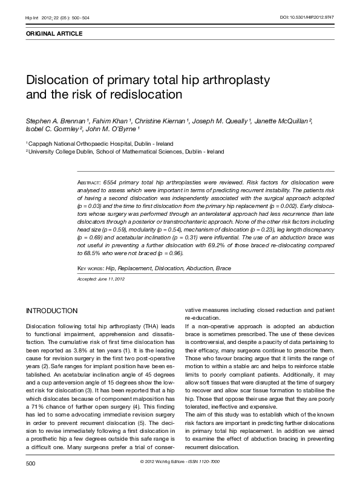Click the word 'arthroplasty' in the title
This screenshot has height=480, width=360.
(232, 81)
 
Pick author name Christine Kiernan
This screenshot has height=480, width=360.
(158, 121)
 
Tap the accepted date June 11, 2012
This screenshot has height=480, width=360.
(113, 279)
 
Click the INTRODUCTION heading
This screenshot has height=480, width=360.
(51, 311)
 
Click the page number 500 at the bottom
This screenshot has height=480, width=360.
(31, 464)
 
